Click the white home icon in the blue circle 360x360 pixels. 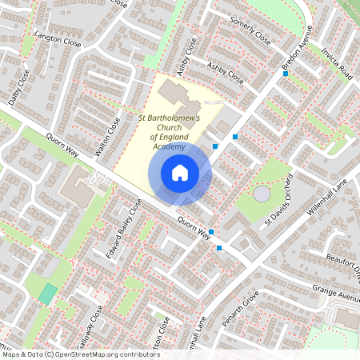pos(179,172)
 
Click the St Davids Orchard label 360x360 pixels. pos(285,199)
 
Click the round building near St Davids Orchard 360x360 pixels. pos(262,194)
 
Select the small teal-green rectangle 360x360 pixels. pos(49,293)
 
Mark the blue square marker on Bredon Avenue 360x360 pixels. pos(285,74)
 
